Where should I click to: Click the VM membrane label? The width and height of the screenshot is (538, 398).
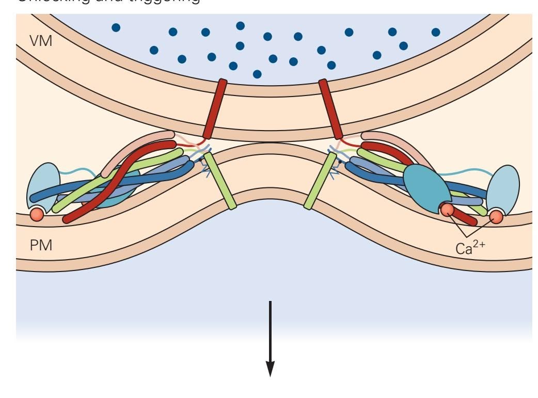(42, 40)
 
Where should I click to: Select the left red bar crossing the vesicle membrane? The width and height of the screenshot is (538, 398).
(215, 108)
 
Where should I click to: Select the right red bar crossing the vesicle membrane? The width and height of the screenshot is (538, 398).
(330, 108)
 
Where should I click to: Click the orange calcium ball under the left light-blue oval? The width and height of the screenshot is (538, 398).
(36, 213)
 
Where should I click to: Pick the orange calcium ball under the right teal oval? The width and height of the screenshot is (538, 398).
(447, 210)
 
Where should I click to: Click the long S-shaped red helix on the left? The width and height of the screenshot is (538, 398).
(124, 181)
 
